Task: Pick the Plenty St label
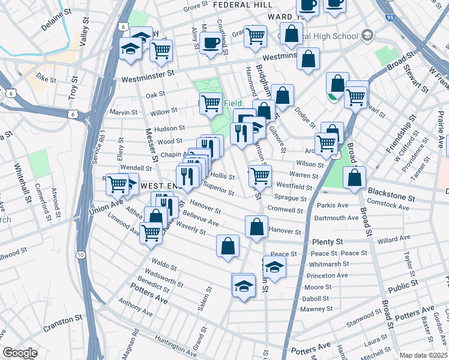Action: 327,241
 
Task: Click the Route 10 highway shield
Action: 80,255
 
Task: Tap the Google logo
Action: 20,353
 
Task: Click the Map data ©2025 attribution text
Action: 423,355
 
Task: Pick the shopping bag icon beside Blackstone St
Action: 355,178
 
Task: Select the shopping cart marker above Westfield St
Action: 260,176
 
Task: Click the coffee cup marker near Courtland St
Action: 211,43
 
